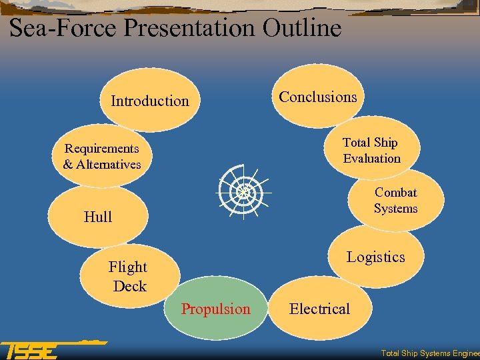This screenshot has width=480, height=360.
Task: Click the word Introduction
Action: point(150,101)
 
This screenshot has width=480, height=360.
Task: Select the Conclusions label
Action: point(317,97)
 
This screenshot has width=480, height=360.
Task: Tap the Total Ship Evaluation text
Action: point(371,151)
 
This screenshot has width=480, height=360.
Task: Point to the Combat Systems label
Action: point(395,201)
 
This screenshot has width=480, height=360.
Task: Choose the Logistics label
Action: point(375,257)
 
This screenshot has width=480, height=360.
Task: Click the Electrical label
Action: point(319,309)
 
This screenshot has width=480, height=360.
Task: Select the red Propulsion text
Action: point(216,309)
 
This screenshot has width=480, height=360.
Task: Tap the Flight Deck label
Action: point(129,277)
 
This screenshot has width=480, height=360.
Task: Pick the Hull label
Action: point(98,217)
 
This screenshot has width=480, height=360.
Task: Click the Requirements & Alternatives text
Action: point(102,157)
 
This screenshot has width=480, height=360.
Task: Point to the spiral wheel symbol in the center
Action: point(243,193)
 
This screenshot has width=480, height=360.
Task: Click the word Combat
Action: point(395,193)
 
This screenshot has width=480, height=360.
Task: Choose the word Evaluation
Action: point(371,159)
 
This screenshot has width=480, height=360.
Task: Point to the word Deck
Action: point(130,286)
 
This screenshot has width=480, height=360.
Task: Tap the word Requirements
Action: point(102,149)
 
